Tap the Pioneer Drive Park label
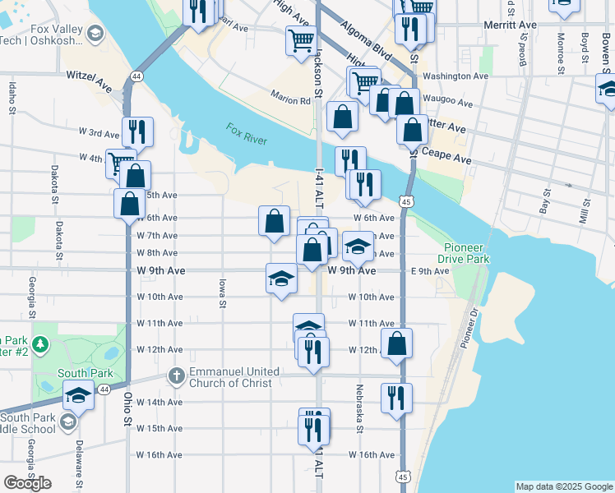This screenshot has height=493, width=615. pos(466,252)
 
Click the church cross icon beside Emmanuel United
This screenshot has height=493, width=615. pos(175,376)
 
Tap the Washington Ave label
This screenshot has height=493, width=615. pos(456,76)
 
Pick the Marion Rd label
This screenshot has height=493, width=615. pos(293,102)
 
